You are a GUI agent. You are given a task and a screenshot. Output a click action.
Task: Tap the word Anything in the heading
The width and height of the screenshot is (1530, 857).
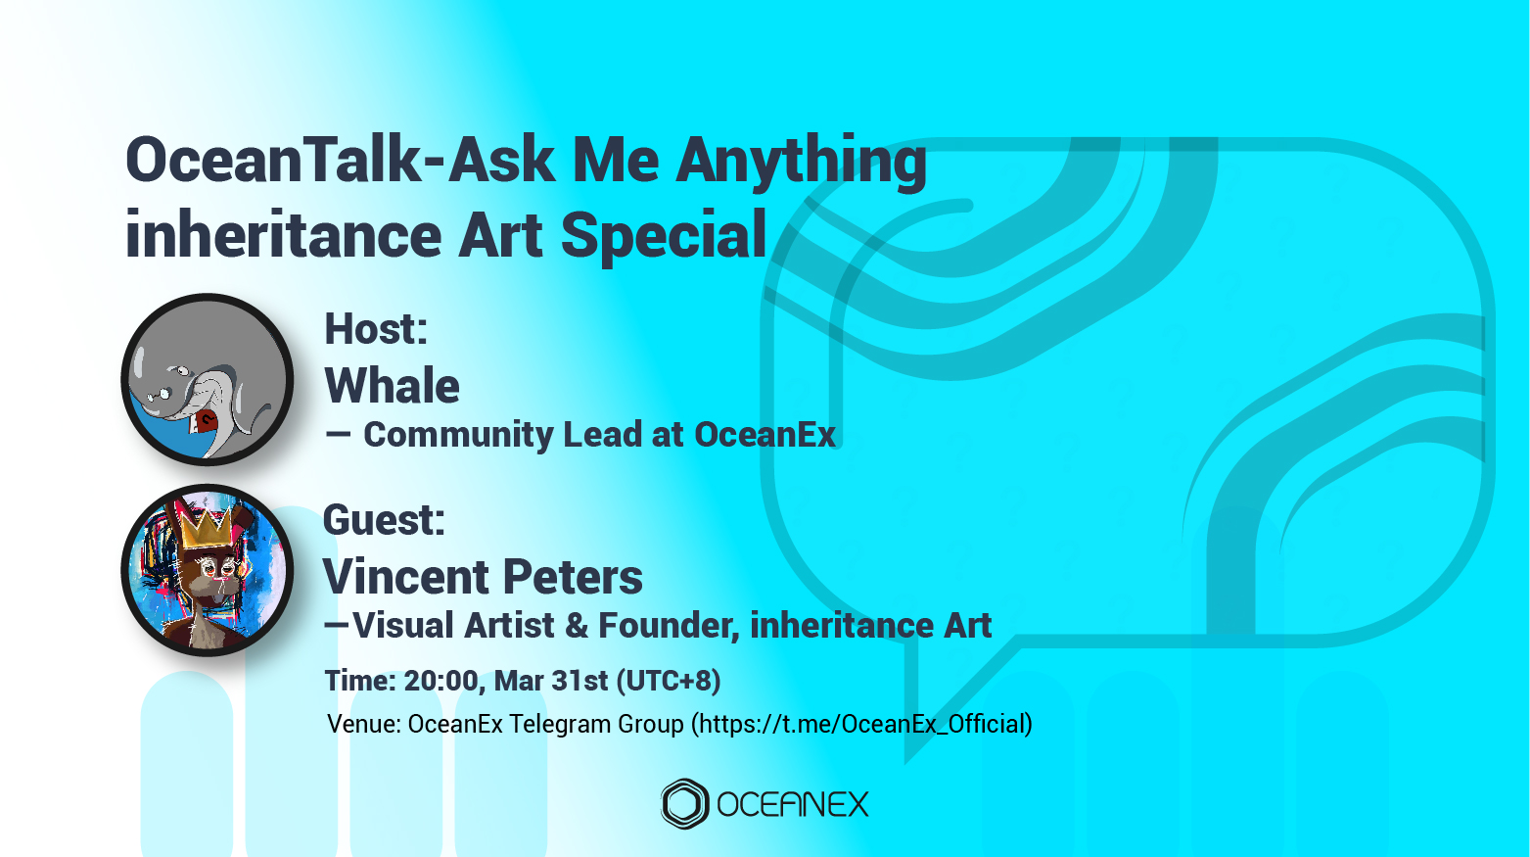(x=801, y=163)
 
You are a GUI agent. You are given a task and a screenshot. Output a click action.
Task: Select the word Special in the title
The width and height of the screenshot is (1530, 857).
(x=664, y=236)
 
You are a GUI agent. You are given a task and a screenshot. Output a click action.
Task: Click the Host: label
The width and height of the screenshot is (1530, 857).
(x=376, y=329)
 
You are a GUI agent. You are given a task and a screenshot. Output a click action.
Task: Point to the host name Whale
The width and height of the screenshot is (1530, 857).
(x=392, y=386)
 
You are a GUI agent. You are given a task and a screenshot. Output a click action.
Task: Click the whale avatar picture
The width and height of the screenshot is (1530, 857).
(x=208, y=380)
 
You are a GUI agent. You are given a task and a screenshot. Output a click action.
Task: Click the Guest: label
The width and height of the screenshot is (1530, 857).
(x=384, y=520)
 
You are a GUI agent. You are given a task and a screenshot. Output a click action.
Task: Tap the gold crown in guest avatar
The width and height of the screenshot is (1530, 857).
(x=206, y=526)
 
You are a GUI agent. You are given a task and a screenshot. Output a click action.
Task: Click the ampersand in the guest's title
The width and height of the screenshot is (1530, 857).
(x=577, y=625)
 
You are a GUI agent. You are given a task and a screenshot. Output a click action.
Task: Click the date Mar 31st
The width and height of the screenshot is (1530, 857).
(x=550, y=681)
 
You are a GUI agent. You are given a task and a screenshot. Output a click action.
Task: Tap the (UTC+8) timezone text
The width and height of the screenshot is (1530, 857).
(x=669, y=681)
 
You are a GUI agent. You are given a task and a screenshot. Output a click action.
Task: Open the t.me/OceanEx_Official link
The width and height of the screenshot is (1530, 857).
(x=862, y=724)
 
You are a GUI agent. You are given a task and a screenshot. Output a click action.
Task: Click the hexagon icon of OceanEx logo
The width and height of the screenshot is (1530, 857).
(x=684, y=804)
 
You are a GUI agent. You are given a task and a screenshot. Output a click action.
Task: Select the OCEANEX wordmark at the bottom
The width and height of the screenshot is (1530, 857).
(x=792, y=804)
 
